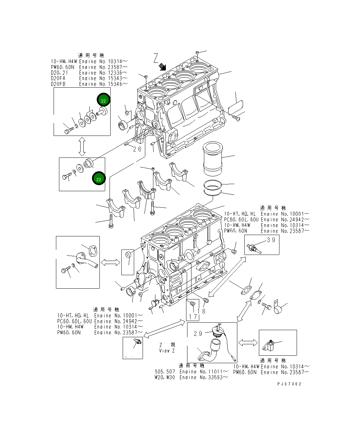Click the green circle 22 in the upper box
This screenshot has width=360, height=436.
[103, 100]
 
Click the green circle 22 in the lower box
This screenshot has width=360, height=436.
[98, 179]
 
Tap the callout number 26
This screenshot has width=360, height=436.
[137, 149]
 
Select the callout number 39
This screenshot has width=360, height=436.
[271, 240]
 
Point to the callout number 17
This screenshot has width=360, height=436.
[193, 317]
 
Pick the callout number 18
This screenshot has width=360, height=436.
[201, 311]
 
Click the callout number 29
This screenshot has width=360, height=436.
[198, 333]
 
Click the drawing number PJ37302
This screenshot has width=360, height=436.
[289, 384]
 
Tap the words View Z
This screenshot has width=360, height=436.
[167, 351]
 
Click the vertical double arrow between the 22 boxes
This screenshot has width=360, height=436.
[82, 147]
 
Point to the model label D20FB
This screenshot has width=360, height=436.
[58, 84]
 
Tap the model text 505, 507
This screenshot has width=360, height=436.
[165, 372]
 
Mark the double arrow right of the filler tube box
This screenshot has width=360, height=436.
[248, 343]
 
